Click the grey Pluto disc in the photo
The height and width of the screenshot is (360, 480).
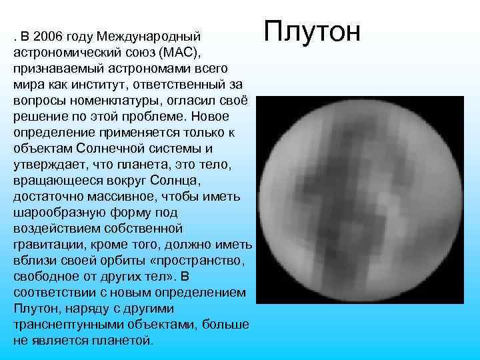[x=359, y=200]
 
